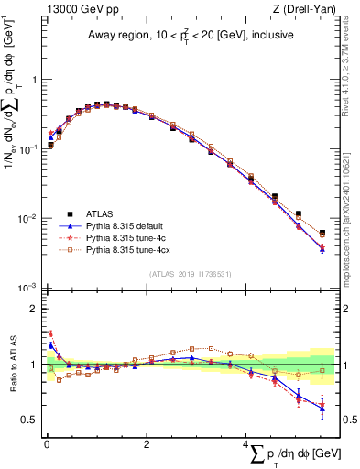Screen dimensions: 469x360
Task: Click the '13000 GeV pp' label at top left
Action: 75,8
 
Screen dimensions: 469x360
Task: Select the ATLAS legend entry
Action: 99,213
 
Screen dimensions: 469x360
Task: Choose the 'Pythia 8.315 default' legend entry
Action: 126,224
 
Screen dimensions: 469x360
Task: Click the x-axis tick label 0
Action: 46,443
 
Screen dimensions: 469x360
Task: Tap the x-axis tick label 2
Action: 147,443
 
